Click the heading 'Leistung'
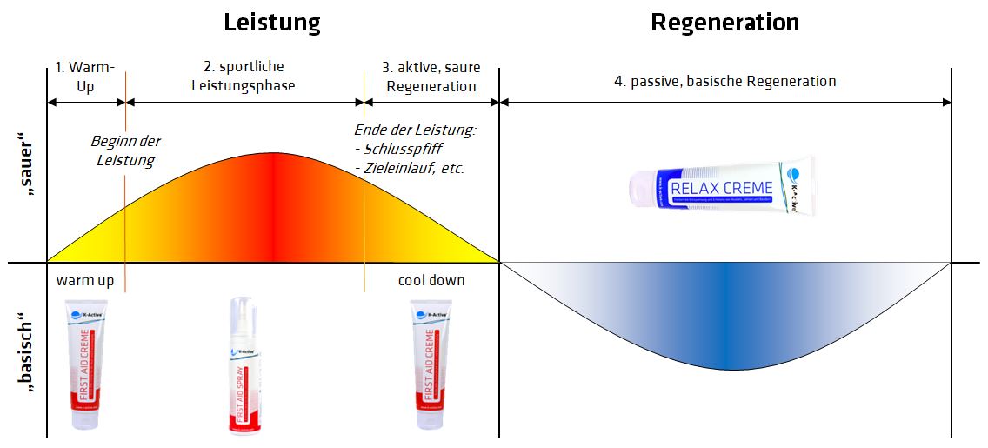pyautogui.click(x=271, y=22)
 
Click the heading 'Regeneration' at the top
pyautogui.click(x=724, y=22)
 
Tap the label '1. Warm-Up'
pyautogui.click(x=85, y=77)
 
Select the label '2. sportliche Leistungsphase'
pyautogui.click(x=244, y=77)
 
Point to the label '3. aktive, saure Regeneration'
pyautogui.click(x=431, y=77)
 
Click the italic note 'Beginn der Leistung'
pyautogui.click(x=125, y=150)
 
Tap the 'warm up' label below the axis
pyautogui.click(x=85, y=281)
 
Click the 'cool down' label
pyautogui.click(x=431, y=281)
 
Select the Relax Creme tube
pyautogui.click(x=721, y=187)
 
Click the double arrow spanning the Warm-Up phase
pyautogui.click(x=86, y=102)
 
